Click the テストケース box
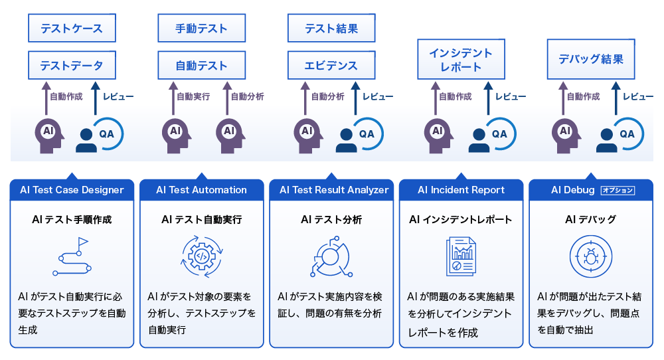72,28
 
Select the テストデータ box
72,65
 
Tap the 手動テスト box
202,28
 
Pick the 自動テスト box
202,65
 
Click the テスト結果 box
331,28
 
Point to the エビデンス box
331,65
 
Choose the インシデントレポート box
461,59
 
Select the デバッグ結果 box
591,59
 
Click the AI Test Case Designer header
72,190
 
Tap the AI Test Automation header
202,190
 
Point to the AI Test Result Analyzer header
331,190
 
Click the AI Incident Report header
461,190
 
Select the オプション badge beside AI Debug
618,190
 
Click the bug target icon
591,256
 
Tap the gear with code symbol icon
202,256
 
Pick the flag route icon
71,256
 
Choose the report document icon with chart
461,256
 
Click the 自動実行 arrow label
193,96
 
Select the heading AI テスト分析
331,219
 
